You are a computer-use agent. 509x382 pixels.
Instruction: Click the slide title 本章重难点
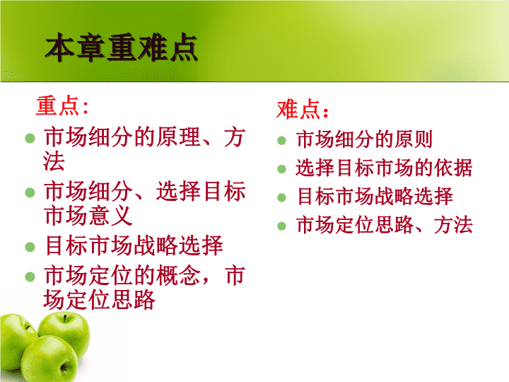click(121, 48)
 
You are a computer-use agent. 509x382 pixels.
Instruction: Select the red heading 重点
click(57, 105)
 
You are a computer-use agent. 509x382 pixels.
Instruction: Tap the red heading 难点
click(298, 109)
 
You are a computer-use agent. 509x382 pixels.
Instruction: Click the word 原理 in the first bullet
click(178, 137)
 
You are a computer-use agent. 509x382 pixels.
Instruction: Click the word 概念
click(178, 275)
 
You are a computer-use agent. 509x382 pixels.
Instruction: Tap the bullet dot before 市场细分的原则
click(281, 141)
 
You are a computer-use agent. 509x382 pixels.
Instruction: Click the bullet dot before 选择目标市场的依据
click(281, 169)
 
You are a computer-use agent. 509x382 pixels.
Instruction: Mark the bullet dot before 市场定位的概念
click(30, 277)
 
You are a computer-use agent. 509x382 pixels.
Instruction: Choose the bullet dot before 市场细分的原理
click(30, 139)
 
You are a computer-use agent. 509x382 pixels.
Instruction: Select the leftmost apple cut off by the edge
click(15, 341)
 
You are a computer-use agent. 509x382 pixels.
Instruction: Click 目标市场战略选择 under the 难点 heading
click(375, 196)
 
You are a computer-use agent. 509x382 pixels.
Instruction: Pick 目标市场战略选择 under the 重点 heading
click(134, 245)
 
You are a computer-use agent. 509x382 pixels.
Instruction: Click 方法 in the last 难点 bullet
click(453, 225)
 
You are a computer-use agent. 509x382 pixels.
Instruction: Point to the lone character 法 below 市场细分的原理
click(54, 161)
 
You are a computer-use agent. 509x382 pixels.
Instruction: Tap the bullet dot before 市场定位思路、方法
click(281, 226)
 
